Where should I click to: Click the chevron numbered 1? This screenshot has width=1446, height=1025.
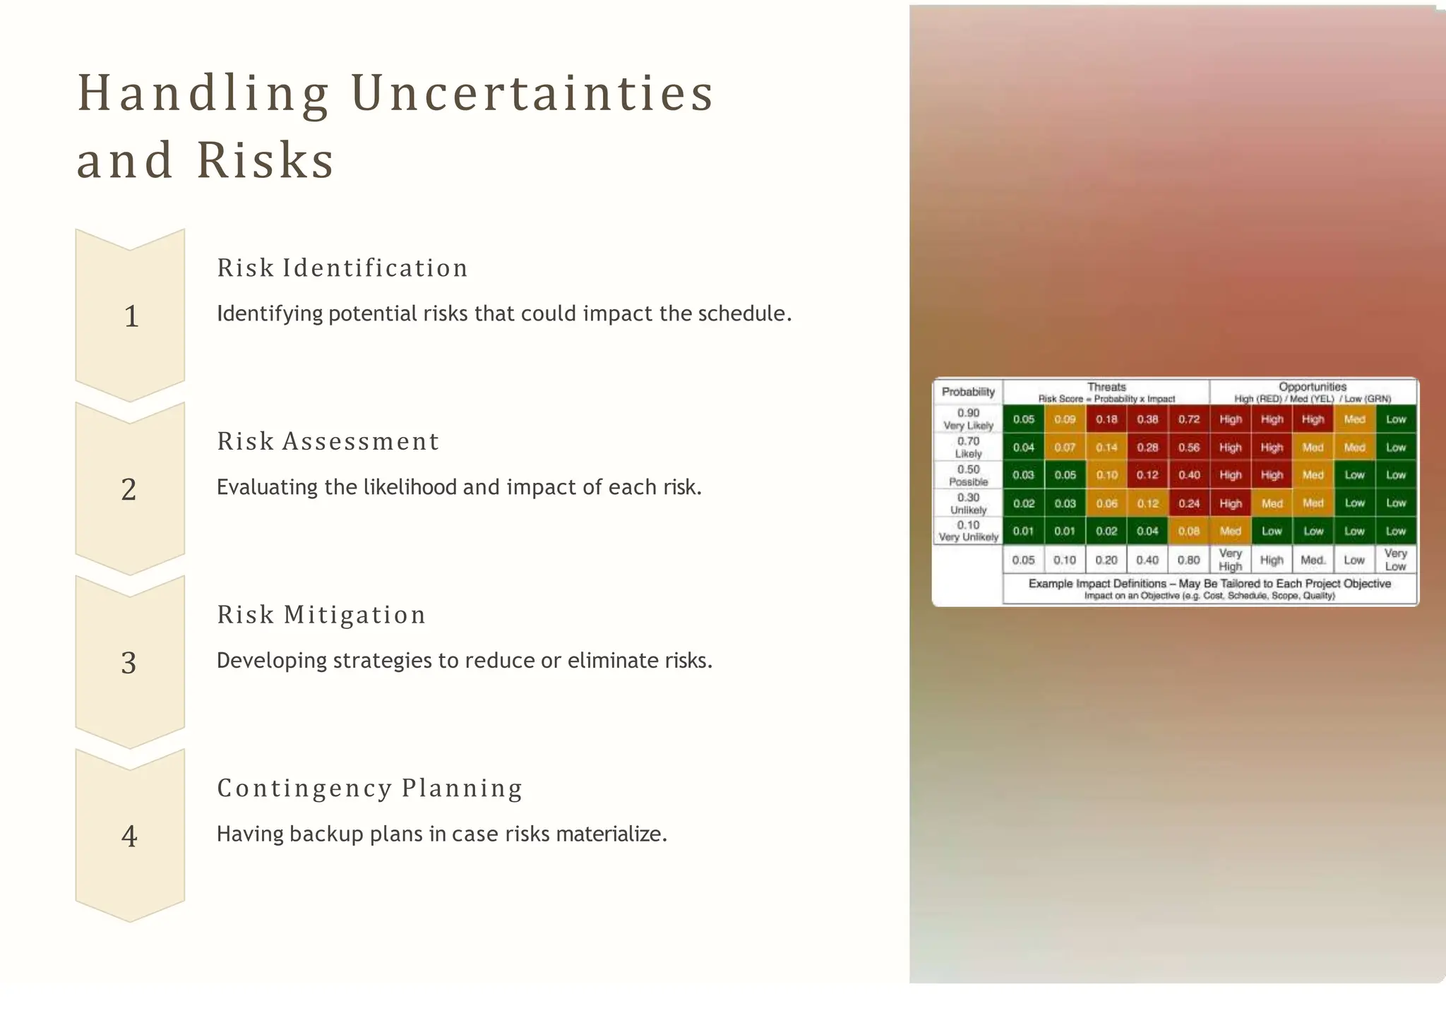(x=130, y=316)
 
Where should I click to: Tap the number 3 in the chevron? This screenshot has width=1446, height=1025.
(x=129, y=663)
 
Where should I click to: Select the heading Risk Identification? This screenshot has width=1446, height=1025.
(x=342, y=268)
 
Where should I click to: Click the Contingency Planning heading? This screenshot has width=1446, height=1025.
(x=369, y=788)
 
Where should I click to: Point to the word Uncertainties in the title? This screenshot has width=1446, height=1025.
(x=533, y=93)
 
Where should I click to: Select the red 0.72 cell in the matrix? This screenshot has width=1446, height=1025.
(x=1189, y=419)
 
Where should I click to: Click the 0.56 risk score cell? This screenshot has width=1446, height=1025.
(x=1189, y=448)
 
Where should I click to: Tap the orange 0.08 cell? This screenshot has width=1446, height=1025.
(x=1189, y=532)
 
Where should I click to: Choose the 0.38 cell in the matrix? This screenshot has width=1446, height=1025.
(x=1147, y=419)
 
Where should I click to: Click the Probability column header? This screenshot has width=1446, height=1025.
(x=968, y=392)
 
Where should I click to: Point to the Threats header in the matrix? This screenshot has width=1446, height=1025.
(x=1106, y=387)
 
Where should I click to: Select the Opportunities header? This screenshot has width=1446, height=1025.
(x=1313, y=387)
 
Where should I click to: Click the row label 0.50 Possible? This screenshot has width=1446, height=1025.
(x=968, y=475)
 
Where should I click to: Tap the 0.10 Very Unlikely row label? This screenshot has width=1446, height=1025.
(x=968, y=531)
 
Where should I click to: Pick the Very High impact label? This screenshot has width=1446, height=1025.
(x=1230, y=560)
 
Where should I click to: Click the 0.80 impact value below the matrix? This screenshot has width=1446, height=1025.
(x=1189, y=561)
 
